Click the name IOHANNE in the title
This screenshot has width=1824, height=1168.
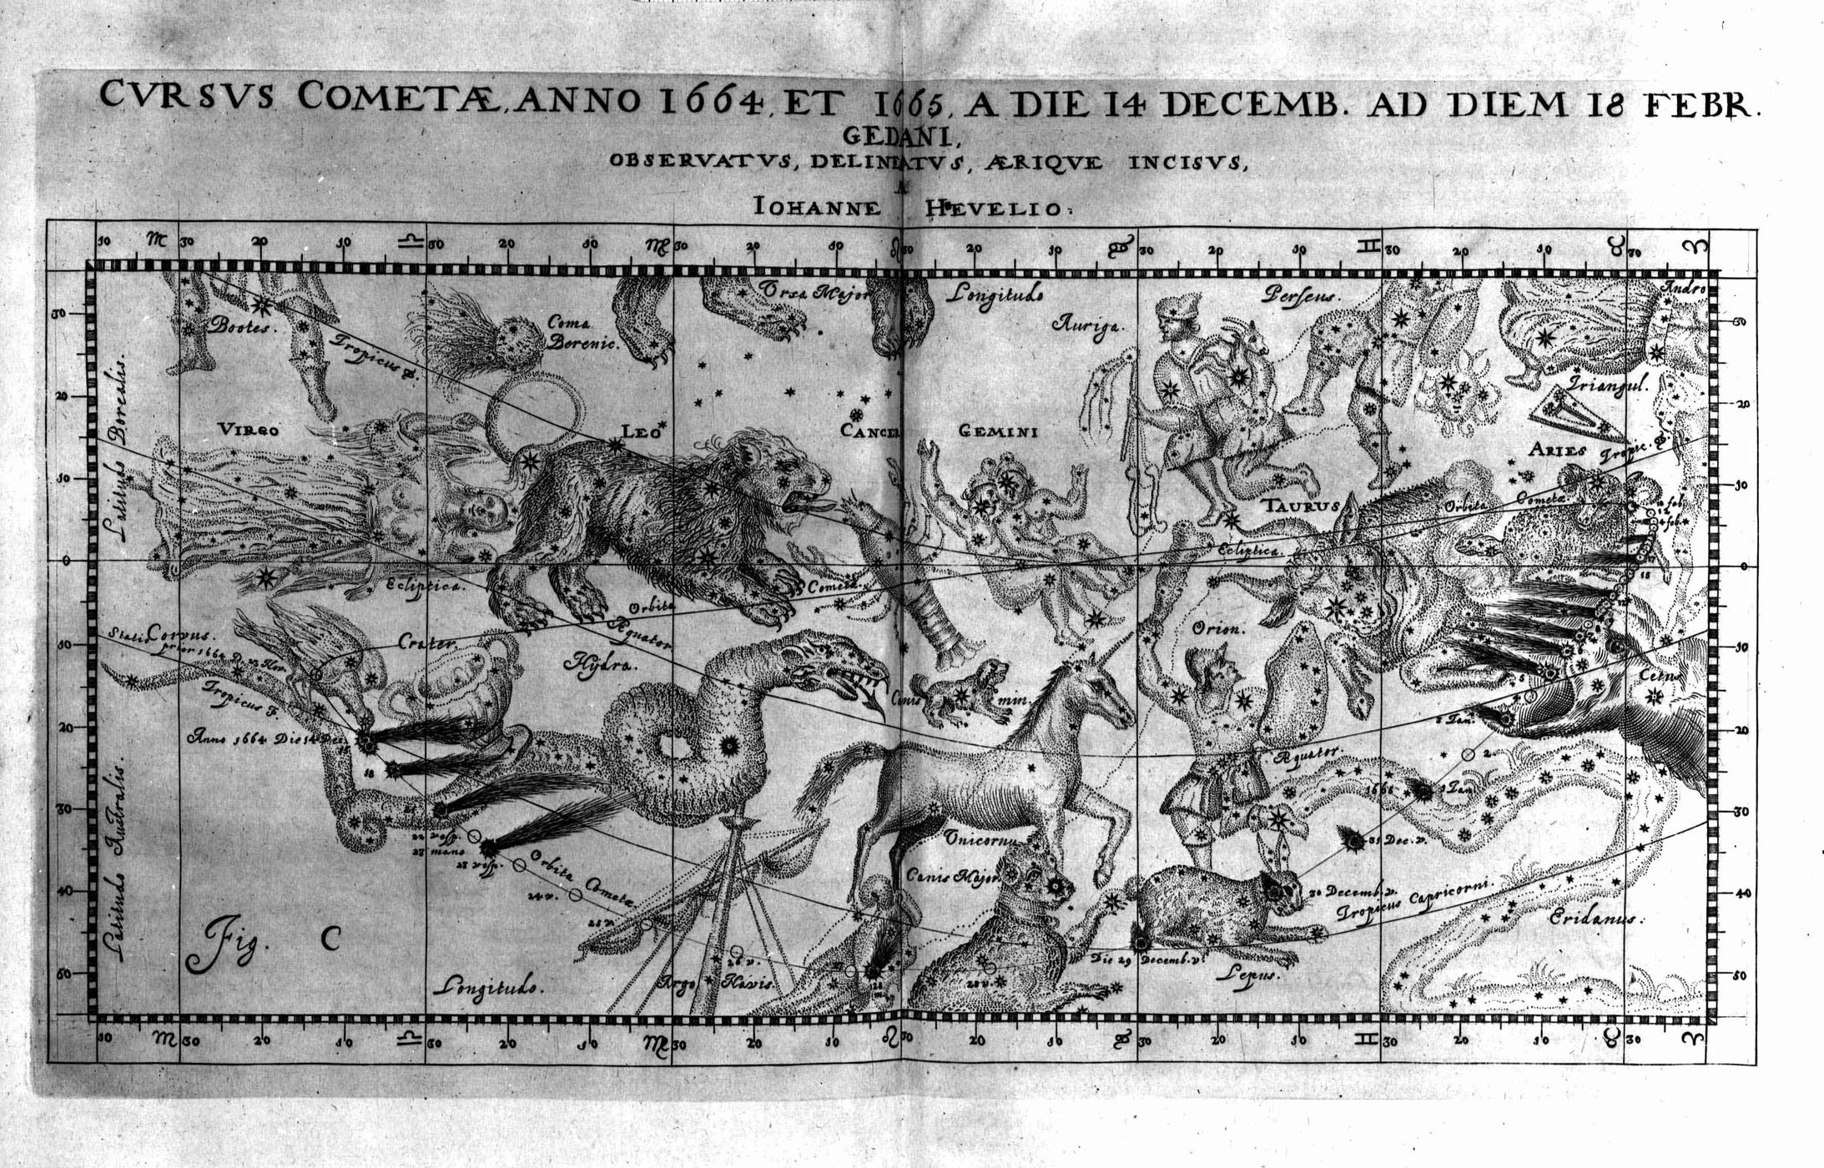tap(816, 206)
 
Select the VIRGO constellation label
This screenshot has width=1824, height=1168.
tap(248, 430)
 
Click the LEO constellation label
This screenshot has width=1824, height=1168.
tap(641, 431)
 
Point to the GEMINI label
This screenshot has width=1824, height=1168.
tap(997, 431)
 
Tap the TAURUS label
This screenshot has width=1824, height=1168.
tap(1301, 505)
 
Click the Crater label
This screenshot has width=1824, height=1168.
tap(426, 643)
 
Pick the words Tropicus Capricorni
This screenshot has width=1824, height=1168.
tap(1414, 901)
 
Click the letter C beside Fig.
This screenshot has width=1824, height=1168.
tap(331, 939)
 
